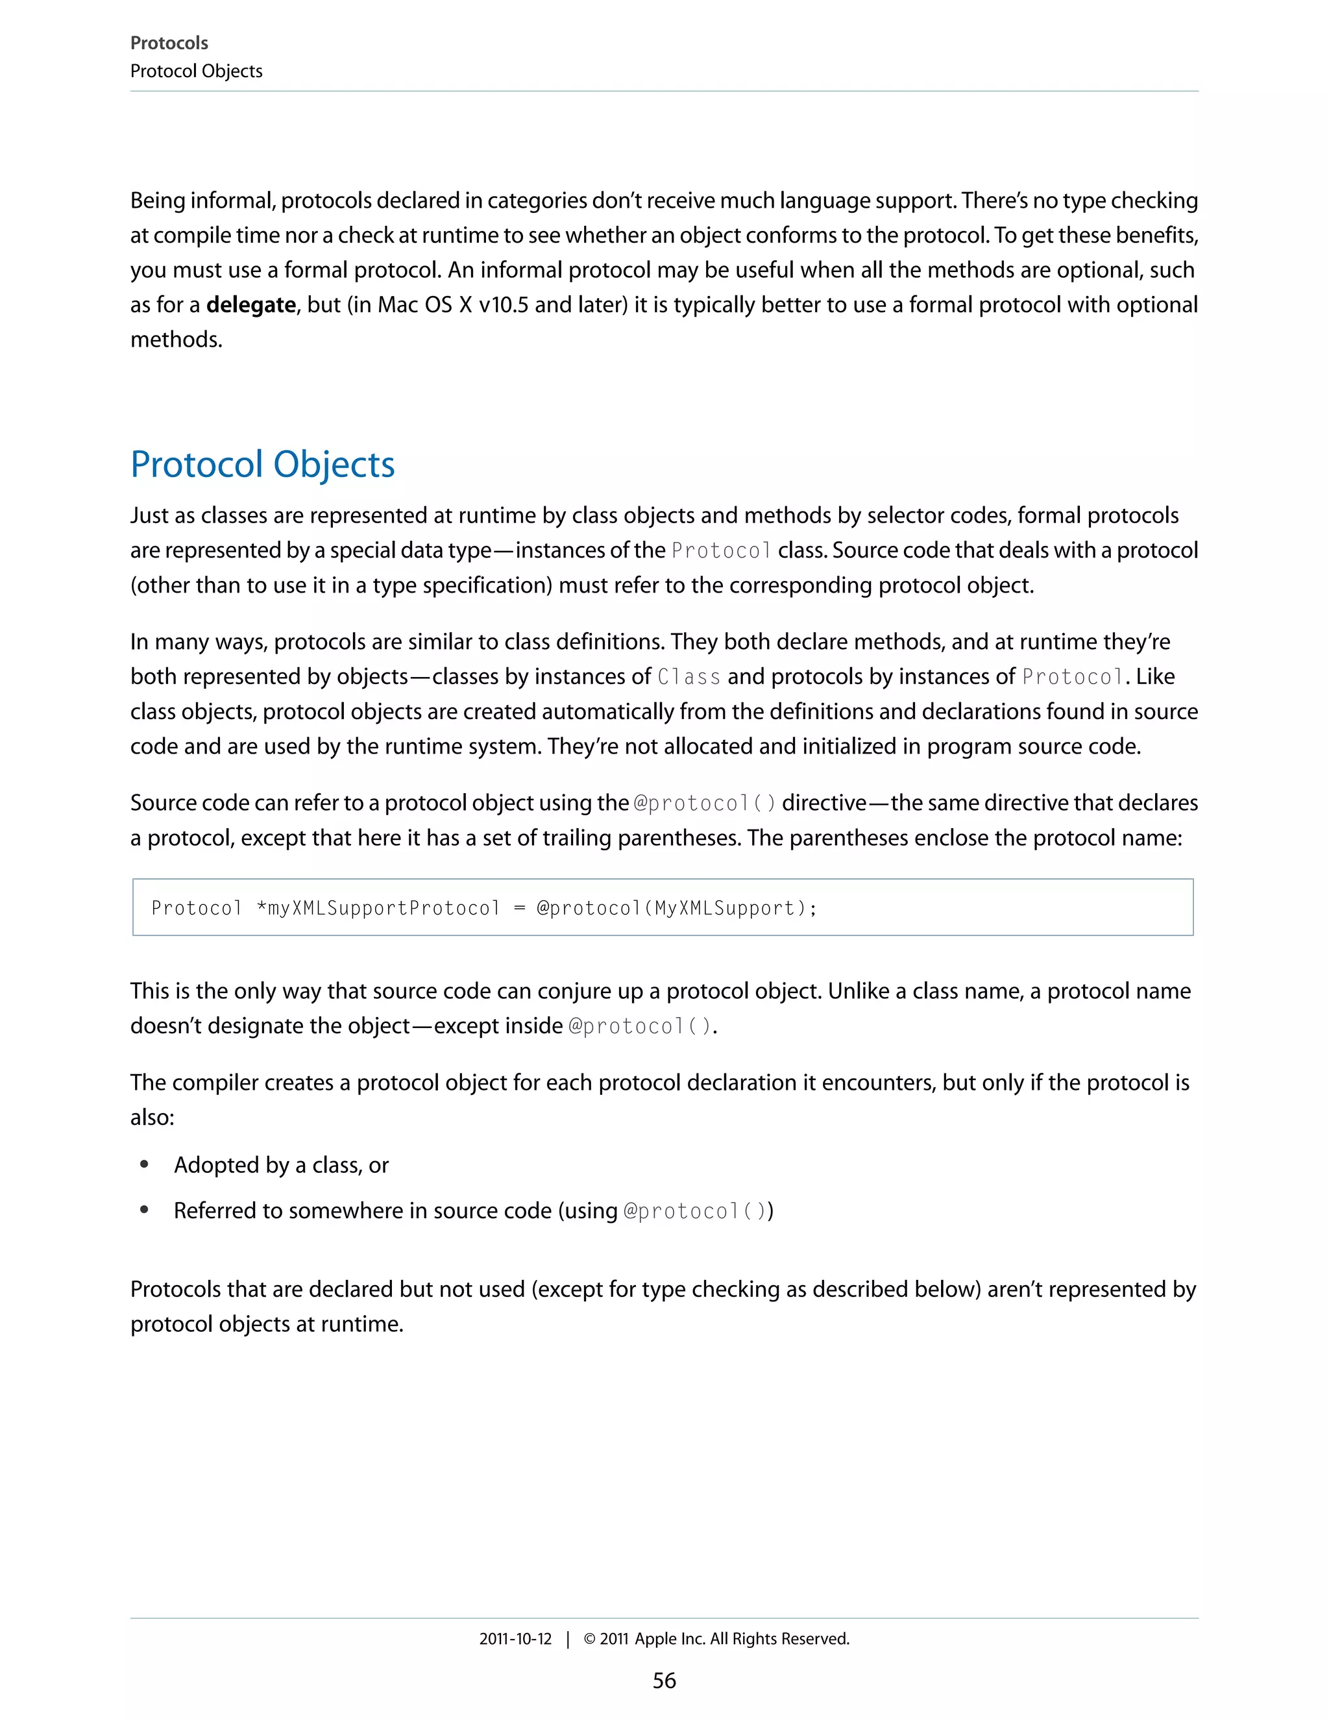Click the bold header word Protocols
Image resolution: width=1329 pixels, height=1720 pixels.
(x=169, y=43)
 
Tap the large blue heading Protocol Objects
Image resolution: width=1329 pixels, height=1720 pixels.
(x=262, y=464)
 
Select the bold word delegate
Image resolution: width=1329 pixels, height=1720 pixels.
(x=250, y=305)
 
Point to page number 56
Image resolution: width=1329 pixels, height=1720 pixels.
(x=664, y=1680)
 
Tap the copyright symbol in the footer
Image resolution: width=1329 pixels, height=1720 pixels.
(x=589, y=1639)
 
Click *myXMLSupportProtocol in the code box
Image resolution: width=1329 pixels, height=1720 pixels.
(x=378, y=908)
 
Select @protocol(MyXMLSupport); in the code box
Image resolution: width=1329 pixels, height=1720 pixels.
(x=677, y=908)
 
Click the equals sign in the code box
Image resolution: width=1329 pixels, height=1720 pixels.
(x=519, y=909)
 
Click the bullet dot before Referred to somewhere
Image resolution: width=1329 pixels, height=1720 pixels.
(x=144, y=1210)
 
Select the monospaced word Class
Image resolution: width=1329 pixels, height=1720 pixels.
(x=689, y=676)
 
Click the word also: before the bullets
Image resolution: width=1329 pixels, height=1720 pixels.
(x=152, y=1117)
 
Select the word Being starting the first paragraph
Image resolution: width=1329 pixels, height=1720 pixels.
(x=158, y=201)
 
